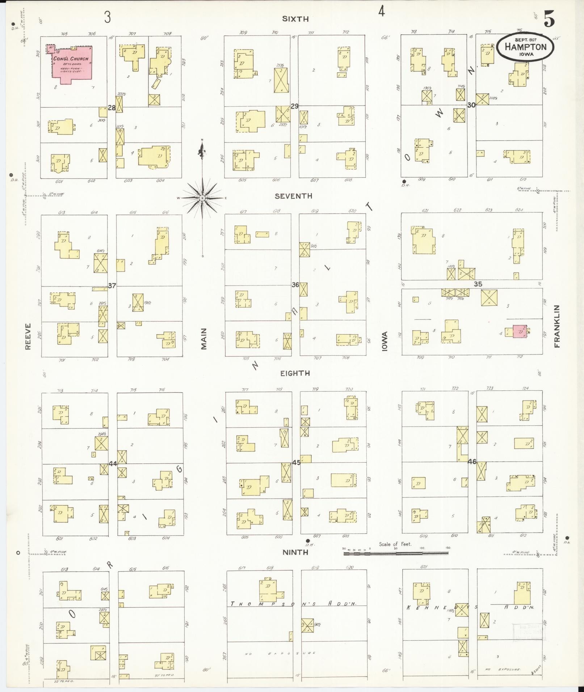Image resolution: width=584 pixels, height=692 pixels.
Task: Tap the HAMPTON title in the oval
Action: (x=525, y=47)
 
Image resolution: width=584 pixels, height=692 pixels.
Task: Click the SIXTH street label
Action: (x=295, y=19)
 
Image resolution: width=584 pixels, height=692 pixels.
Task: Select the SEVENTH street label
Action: (x=293, y=196)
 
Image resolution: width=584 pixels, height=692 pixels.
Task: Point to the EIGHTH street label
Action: (x=295, y=373)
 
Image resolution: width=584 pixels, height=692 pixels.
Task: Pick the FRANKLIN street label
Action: (x=556, y=326)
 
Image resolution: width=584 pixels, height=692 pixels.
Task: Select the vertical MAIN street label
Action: (x=204, y=339)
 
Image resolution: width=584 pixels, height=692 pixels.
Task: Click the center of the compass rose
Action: (x=202, y=198)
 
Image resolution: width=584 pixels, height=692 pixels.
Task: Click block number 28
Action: (x=112, y=108)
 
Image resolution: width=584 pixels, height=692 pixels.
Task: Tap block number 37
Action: (x=112, y=286)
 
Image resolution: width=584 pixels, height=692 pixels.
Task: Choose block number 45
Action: (x=296, y=462)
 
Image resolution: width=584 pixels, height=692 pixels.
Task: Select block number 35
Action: (x=478, y=284)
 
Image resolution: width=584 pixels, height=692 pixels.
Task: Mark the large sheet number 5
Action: (x=549, y=20)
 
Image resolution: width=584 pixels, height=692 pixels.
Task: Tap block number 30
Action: (x=471, y=105)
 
